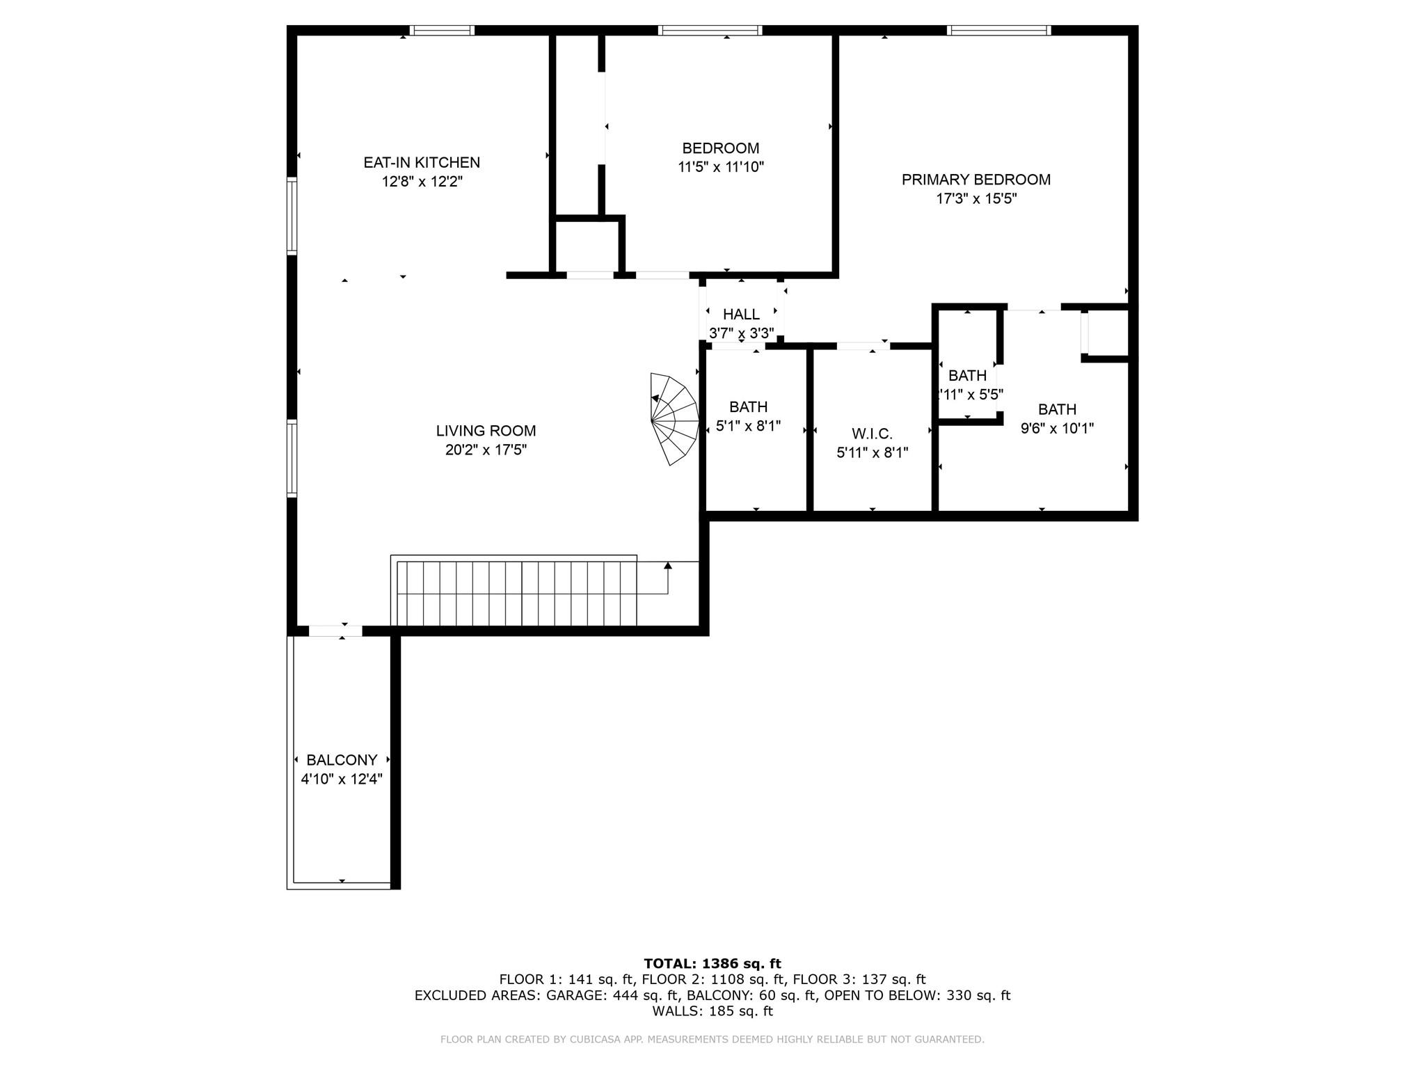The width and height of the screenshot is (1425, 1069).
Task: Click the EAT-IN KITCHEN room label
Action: pyautogui.click(x=422, y=162)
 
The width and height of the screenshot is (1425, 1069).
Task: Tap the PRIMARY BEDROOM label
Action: pyautogui.click(x=976, y=180)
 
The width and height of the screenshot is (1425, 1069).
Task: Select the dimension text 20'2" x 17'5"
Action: pyautogui.click(x=486, y=450)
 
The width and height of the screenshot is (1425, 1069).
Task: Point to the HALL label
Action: pyautogui.click(x=741, y=315)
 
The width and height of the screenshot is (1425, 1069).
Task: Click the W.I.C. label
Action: pyautogui.click(x=872, y=434)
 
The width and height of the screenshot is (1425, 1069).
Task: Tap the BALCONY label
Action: pyautogui.click(x=342, y=760)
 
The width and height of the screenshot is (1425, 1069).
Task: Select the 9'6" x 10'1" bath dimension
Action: pyautogui.click(x=1057, y=428)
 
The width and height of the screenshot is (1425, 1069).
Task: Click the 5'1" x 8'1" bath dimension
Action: pyautogui.click(x=748, y=425)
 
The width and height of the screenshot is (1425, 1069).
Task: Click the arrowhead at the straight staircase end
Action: pyautogui.click(x=668, y=566)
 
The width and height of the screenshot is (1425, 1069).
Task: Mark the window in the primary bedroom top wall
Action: pyautogui.click(x=998, y=30)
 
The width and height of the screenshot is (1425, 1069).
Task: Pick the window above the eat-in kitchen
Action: pyautogui.click(x=442, y=30)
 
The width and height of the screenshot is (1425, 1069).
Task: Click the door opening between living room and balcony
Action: pyautogui.click(x=335, y=631)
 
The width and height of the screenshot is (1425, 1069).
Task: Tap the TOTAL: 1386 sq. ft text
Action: pyautogui.click(x=712, y=963)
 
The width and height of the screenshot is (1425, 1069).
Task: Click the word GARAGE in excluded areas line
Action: pyautogui.click(x=577, y=995)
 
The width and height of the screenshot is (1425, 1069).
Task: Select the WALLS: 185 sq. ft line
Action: pyautogui.click(x=712, y=1011)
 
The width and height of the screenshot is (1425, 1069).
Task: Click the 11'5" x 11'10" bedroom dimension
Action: pyautogui.click(x=721, y=167)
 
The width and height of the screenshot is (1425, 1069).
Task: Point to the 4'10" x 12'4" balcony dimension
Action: pyautogui.click(x=342, y=779)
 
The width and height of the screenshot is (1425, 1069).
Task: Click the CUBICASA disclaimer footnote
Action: pyautogui.click(x=712, y=1039)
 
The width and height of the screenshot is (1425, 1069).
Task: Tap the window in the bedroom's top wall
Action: pyautogui.click(x=710, y=30)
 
